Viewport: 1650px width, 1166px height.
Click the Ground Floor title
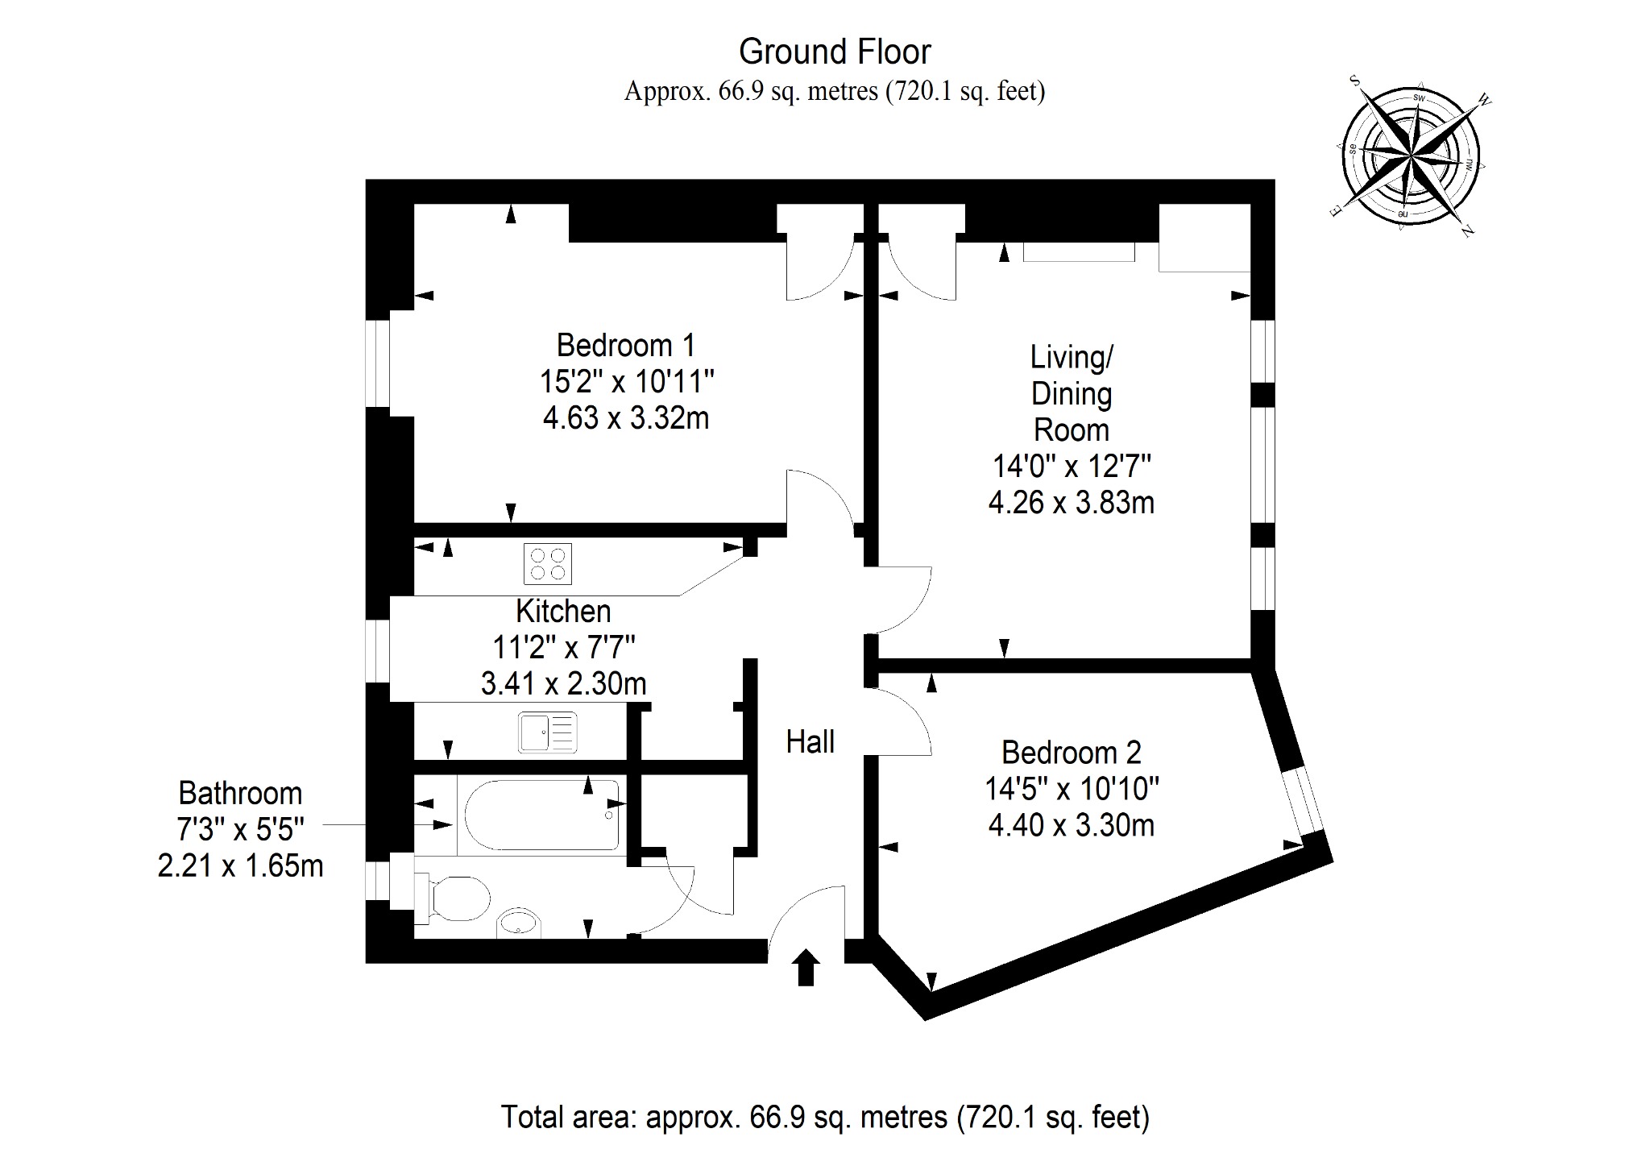pos(835,52)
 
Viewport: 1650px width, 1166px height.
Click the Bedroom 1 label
pos(625,345)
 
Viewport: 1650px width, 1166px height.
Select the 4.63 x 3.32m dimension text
pos(625,417)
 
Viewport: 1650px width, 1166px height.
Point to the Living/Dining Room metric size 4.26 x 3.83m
pos(1071,502)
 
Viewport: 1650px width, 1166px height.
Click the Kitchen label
pos(563,611)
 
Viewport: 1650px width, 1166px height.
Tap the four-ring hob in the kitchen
pos(548,563)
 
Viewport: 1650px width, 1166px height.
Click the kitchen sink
pos(548,732)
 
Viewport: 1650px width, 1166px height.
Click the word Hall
pos(810,741)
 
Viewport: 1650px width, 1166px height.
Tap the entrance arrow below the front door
pos(806,967)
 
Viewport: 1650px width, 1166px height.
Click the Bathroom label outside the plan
pos(240,793)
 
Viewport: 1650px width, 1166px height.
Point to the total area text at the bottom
pos(825,1117)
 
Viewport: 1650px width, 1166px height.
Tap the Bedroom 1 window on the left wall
pos(378,363)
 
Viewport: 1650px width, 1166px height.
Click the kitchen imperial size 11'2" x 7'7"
pos(563,647)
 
